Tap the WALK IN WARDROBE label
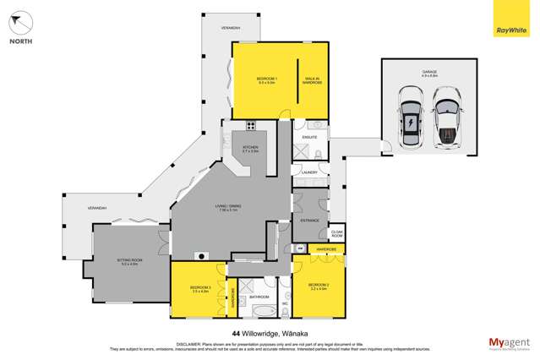point(313,82)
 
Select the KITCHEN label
point(250,150)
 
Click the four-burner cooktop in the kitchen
point(251,126)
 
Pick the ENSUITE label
point(308,135)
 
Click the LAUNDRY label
point(308,172)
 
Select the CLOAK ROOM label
point(336,232)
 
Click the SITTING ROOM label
point(129,264)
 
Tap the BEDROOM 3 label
point(199,292)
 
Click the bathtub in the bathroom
point(258,286)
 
